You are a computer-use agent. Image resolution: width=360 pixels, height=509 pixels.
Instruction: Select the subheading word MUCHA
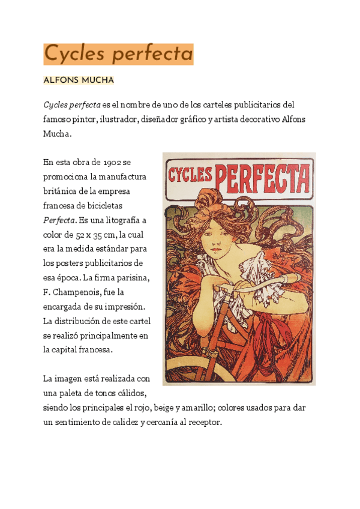(x=98, y=80)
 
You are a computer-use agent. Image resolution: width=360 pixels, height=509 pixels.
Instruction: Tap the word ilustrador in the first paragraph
(x=118, y=119)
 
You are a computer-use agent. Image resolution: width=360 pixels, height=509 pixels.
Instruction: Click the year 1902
(x=113, y=162)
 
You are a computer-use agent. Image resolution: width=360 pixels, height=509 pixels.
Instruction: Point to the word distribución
(x=83, y=321)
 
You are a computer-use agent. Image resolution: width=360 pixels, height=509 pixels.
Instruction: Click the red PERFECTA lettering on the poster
(x=262, y=176)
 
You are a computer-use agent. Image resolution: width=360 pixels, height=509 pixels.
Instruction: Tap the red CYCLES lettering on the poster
(x=190, y=175)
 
